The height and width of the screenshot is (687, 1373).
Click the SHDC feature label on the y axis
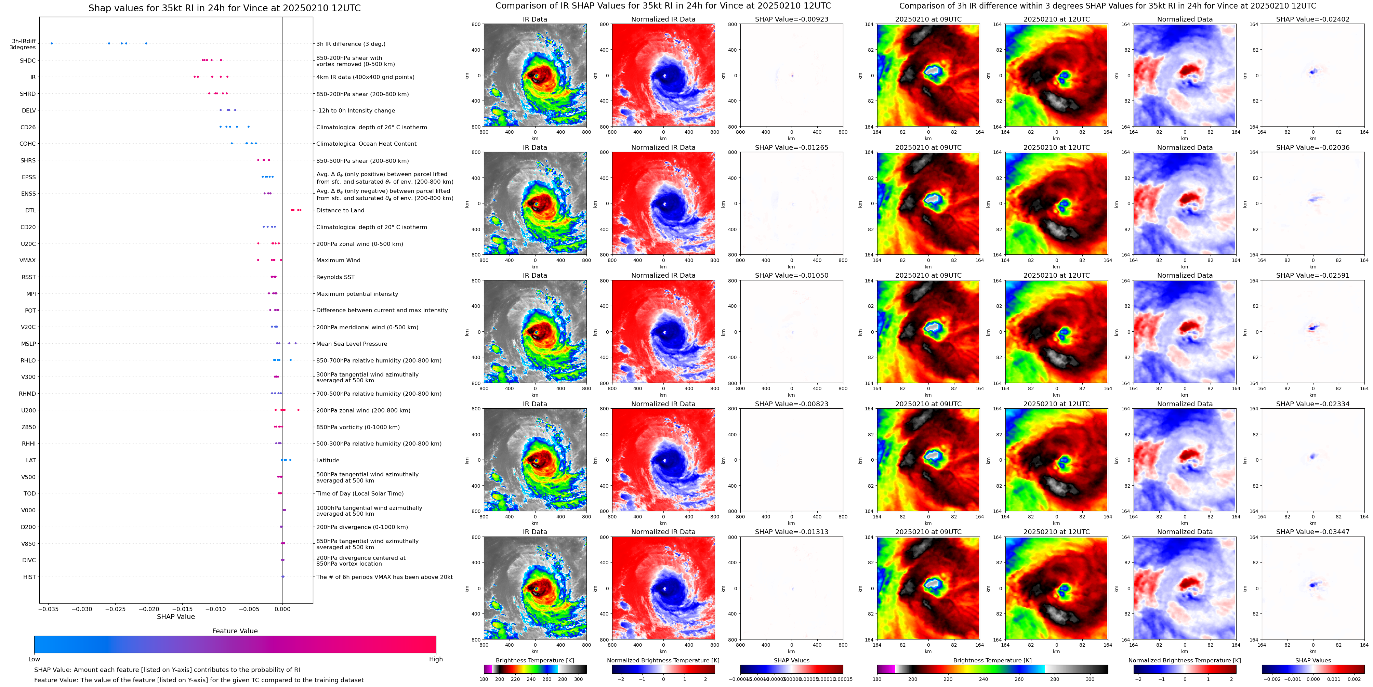28,61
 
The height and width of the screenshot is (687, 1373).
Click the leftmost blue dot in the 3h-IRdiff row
52,43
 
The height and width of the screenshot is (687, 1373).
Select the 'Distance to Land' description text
340,211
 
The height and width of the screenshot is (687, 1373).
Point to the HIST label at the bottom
30,577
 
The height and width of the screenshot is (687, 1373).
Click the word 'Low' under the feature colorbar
34,659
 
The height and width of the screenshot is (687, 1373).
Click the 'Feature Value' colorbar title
235,631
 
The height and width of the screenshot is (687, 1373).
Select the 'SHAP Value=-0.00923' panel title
792,19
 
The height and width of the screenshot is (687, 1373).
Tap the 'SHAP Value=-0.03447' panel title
1313,532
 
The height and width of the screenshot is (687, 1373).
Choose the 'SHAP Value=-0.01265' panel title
792,148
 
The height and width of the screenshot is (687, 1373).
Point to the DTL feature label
31,211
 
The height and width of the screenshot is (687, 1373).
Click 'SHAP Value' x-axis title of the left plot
176,617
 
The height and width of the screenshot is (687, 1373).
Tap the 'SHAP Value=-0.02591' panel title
1313,276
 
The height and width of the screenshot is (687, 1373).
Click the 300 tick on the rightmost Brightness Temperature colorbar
1090,679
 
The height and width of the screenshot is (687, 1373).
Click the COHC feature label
28,144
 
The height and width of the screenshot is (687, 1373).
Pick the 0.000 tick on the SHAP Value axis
282,609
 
